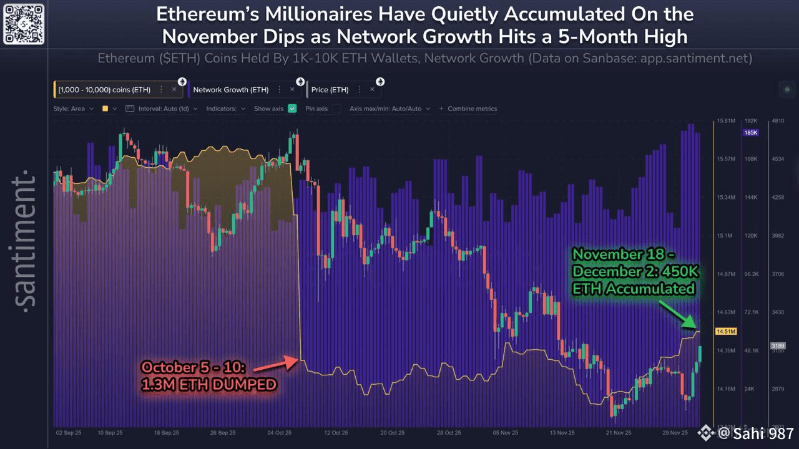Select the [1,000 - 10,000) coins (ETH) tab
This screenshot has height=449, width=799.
(104, 90)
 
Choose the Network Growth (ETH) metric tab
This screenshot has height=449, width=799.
(230, 90)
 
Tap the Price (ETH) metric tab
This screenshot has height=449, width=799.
(330, 90)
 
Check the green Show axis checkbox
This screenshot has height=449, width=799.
(292, 109)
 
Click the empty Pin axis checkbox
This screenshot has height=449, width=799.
(336, 109)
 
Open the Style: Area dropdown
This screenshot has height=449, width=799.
(73, 109)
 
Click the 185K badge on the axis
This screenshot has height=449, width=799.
(750, 133)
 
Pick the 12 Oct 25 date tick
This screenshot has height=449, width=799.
(335, 432)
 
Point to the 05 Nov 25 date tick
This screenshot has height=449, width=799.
(506, 432)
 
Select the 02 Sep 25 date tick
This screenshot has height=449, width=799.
(67, 432)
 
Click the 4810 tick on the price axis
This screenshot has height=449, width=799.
(777, 120)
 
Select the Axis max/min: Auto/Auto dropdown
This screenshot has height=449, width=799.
(390, 109)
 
